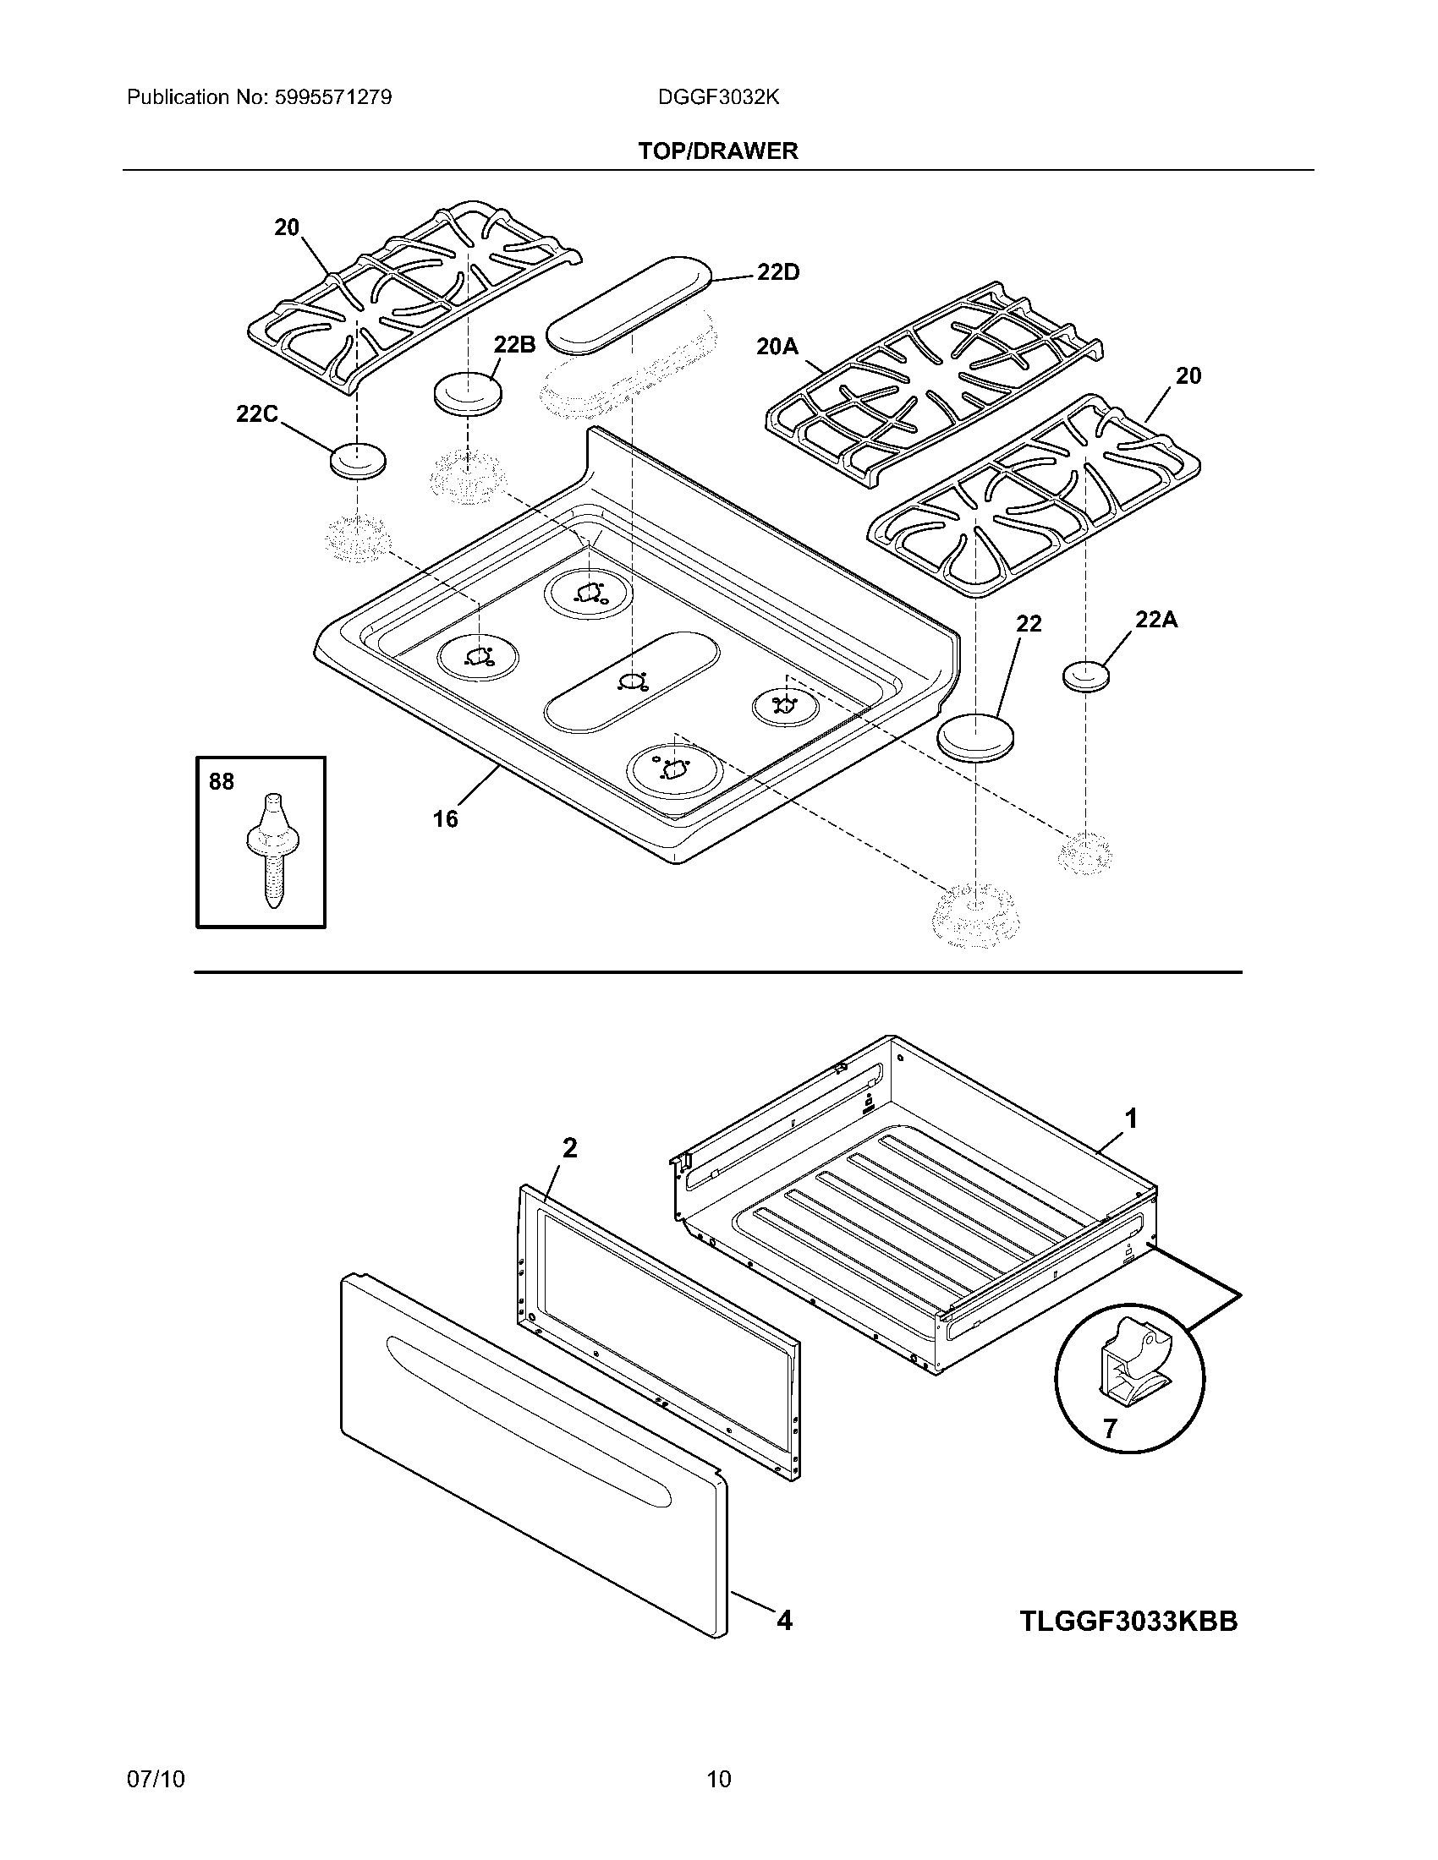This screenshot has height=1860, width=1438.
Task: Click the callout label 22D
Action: [x=777, y=273]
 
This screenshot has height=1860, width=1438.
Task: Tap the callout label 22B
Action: [x=514, y=345]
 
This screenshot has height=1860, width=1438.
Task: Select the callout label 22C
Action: [x=257, y=414]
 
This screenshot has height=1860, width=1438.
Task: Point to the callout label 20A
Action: [x=777, y=347]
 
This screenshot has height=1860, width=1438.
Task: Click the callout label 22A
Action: [x=1156, y=620]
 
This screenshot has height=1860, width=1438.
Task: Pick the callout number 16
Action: [x=445, y=819]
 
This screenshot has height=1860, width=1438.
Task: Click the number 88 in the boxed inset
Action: [x=222, y=782]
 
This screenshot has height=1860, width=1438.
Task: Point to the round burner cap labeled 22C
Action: [x=357, y=461]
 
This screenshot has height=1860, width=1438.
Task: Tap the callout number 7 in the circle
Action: [x=1109, y=1428]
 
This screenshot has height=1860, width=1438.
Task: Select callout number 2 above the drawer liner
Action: [x=570, y=1149]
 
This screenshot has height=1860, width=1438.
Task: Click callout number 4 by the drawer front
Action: [x=785, y=1620]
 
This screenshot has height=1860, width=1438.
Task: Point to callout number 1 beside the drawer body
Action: [x=1131, y=1119]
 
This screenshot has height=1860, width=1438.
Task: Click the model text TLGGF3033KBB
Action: [x=1128, y=1621]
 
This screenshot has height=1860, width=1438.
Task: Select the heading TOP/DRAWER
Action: [x=718, y=151]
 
